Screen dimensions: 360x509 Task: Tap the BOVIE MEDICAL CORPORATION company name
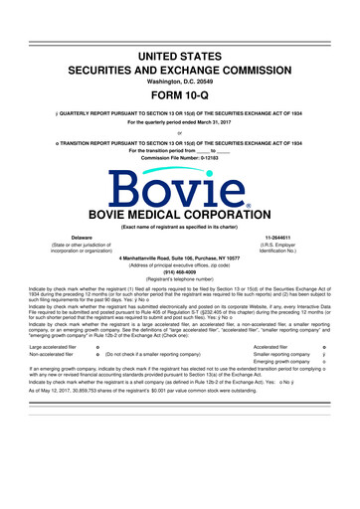click(x=179, y=214)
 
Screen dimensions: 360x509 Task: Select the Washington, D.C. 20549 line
click(x=179, y=67)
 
